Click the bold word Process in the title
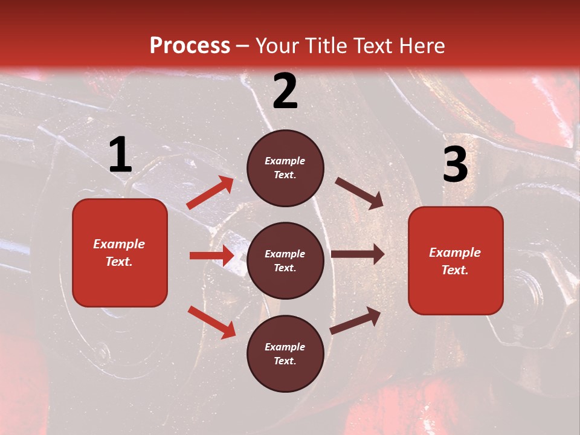pyautogui.click(x=190, y=46)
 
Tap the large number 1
pyautogui.click(x=120, y=155)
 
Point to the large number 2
pyautogui.click(x=285, y=91)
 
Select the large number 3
pyautogui.click(x=455, y=164)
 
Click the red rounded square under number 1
pyautogui.click(x=120, y=253)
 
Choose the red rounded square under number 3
pyautogui.click(x=456, y=260)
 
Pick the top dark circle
pyautogui.click(x=285, y=168)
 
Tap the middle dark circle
pyautogui.click(x=285, y=260)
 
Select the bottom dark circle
pyautogui.click(x=285, y=353)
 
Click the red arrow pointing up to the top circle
pyautogui.click(x=210, y=193)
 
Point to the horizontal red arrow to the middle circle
pyautogui.click(x=212, y=256)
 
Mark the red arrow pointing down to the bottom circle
pyautogui.click(x=212, y=321)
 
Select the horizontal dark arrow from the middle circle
pyautogui.click(x=358, y=254)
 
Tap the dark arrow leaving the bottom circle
pyautogui.click(x=355, y=320)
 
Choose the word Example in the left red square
pyautogui.click(x=119, y=244)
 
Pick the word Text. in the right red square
pyautogui.click(x=455, y=270)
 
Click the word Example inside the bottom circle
pyautogui.click(x=285, y=347)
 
